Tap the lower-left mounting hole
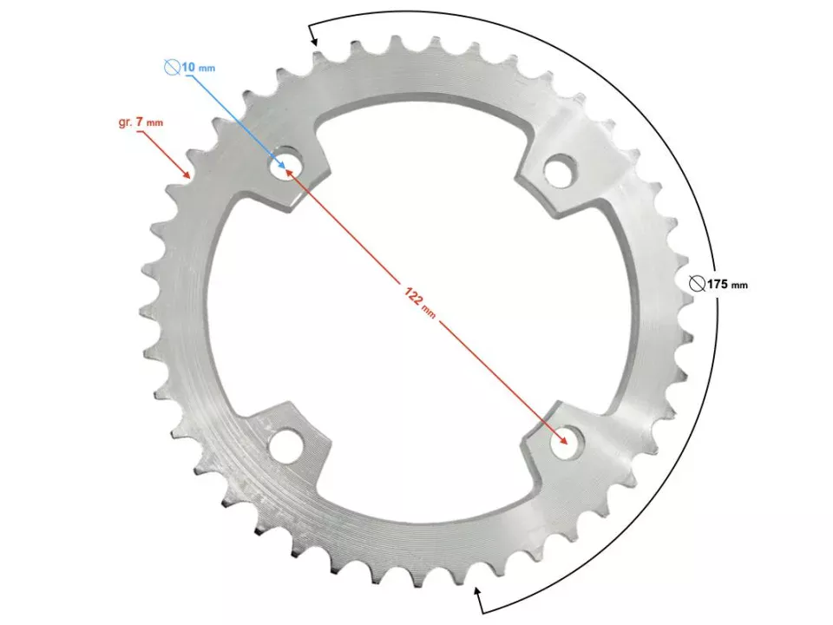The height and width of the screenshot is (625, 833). tap(284, 446)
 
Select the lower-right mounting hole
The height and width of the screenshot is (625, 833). tap(567, 443)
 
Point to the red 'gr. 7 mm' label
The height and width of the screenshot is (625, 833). tap(140, 122)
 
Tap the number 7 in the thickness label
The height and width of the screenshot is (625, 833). tap(140, 122)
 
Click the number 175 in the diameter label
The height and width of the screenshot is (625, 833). tap(716, 284)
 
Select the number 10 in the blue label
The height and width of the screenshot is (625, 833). tap(188, 67)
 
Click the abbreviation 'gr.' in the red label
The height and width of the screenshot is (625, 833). tap(125, 122)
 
